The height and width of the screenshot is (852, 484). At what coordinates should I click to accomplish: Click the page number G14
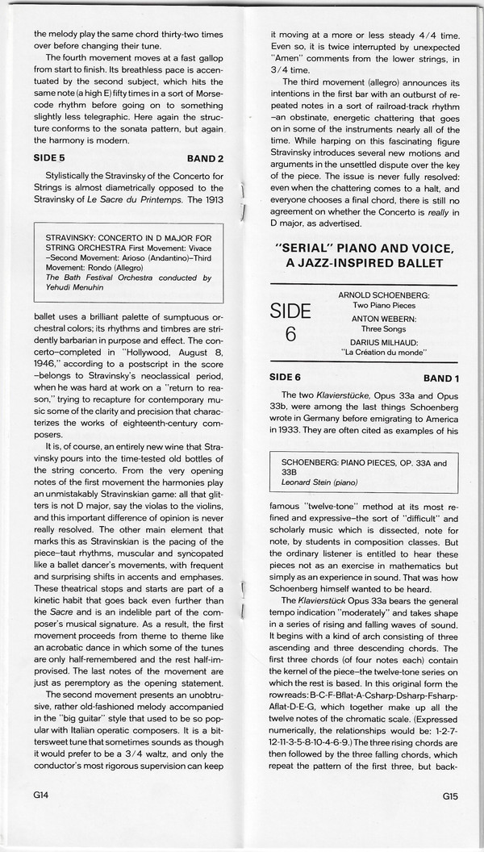(x=42, y=817)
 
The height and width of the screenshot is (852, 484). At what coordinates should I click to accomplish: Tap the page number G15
(x=450, y=817)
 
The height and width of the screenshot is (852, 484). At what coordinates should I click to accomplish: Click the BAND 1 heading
(x=440, y=378)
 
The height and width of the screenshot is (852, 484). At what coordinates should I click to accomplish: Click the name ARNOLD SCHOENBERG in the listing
(x=383, y=295)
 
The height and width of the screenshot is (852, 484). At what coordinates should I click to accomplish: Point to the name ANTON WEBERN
(x=389, y=319)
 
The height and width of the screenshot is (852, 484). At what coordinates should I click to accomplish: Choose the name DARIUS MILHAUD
(x=388, y=340)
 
